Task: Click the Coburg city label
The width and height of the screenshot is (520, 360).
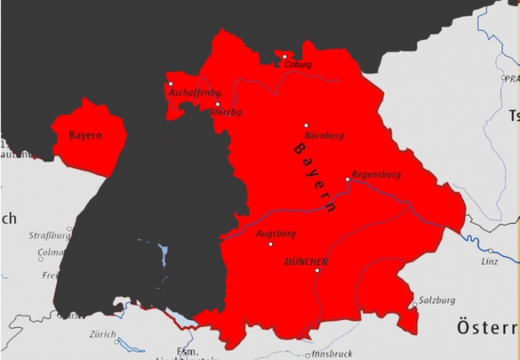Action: pyautogui.click(x=296, y=64)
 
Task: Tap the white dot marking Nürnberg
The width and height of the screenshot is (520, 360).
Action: pyautogui.click(x=306, y=125)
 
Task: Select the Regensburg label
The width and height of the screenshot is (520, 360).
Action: pyautogui.click(x=375, y=173)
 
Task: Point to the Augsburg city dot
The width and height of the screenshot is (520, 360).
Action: pyautogui.click(x=271, y=245)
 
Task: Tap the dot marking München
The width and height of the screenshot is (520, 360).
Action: pyautogui.click(x=317, y=272)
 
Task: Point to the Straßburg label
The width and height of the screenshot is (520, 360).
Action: pyautogui.click(x=49, y=235)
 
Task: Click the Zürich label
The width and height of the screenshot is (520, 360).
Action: pyautogui.click(x=102, y=334)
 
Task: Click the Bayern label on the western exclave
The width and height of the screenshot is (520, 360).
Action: pyautogui.click(x=86, y=135)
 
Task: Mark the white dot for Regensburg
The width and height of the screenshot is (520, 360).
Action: pyautogui.click(x=348, y=180)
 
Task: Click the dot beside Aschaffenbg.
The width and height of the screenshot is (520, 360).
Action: pyautogui.click(x=171, y=84)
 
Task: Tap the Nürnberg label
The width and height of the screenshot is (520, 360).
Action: pyautogui.click(x=325, y=136)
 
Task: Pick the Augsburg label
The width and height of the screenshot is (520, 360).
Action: pyautogui.click(x=276, y=233)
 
